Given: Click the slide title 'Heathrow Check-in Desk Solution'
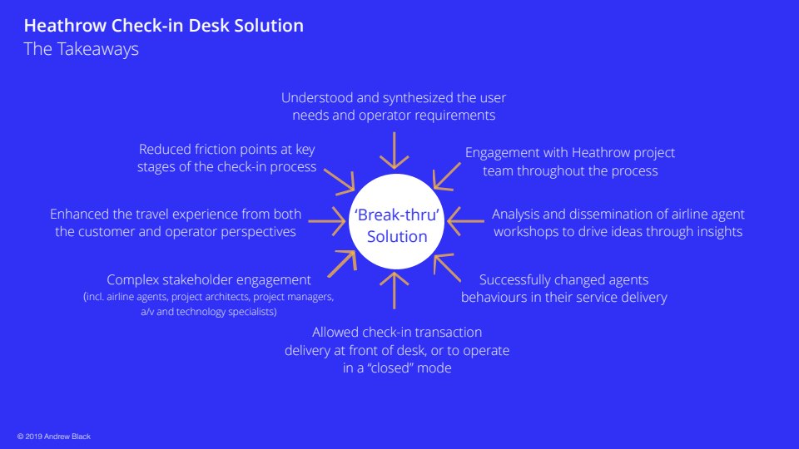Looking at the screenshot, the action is (x=164, y=26).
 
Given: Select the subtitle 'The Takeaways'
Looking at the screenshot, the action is (x=81, y=49).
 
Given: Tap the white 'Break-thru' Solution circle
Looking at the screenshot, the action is (x=396, y=221).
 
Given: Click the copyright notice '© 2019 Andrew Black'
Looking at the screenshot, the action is (x=54, y=437).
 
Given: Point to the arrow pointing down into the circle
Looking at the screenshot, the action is (x=394, y=150).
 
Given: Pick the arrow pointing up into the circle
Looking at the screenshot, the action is (x=394, y=291).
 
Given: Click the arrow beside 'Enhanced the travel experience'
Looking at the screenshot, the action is (x=327, y=221).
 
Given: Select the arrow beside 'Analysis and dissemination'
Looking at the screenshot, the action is (x=466, y=221).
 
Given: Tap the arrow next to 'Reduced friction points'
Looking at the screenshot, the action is (x=340, y=181).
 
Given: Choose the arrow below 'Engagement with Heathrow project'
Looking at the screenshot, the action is (x=447, y=176).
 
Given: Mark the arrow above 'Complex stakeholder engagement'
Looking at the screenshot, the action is (x=342, y=264).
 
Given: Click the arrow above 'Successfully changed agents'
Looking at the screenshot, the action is (x=447, y=267).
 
